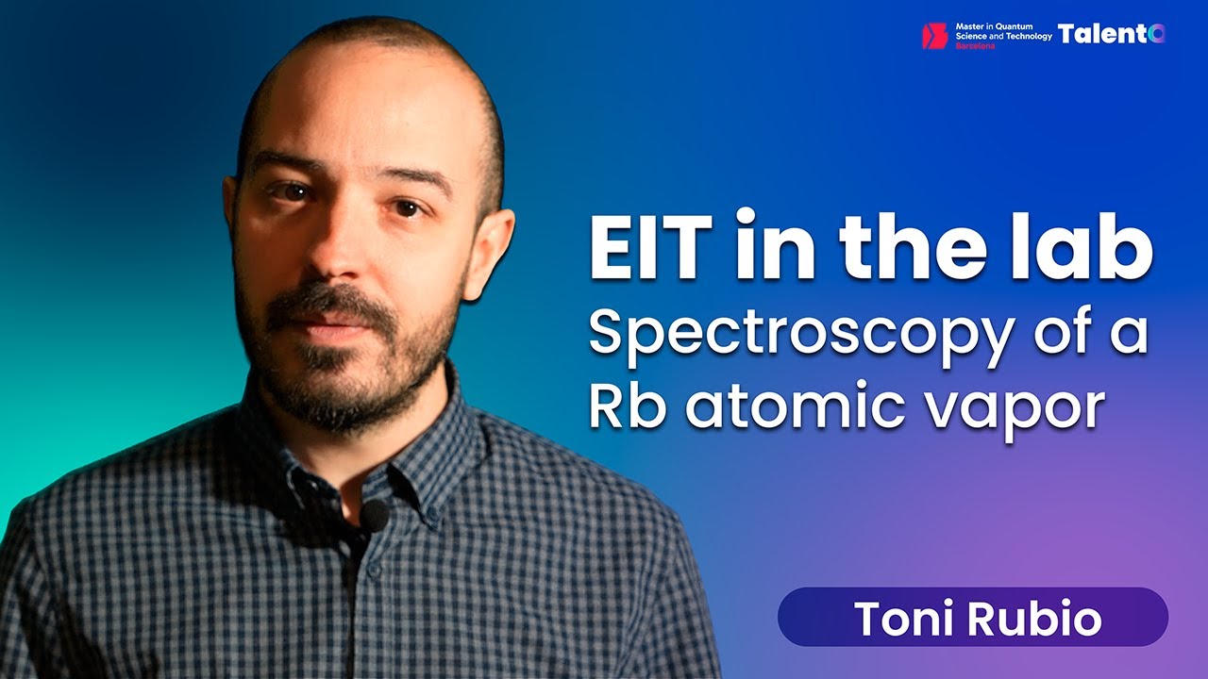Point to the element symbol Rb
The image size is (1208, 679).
[624, 406]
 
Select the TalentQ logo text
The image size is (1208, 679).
[1111, 34]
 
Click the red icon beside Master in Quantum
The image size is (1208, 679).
[933, 36]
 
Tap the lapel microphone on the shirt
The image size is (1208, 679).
[375, 514]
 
